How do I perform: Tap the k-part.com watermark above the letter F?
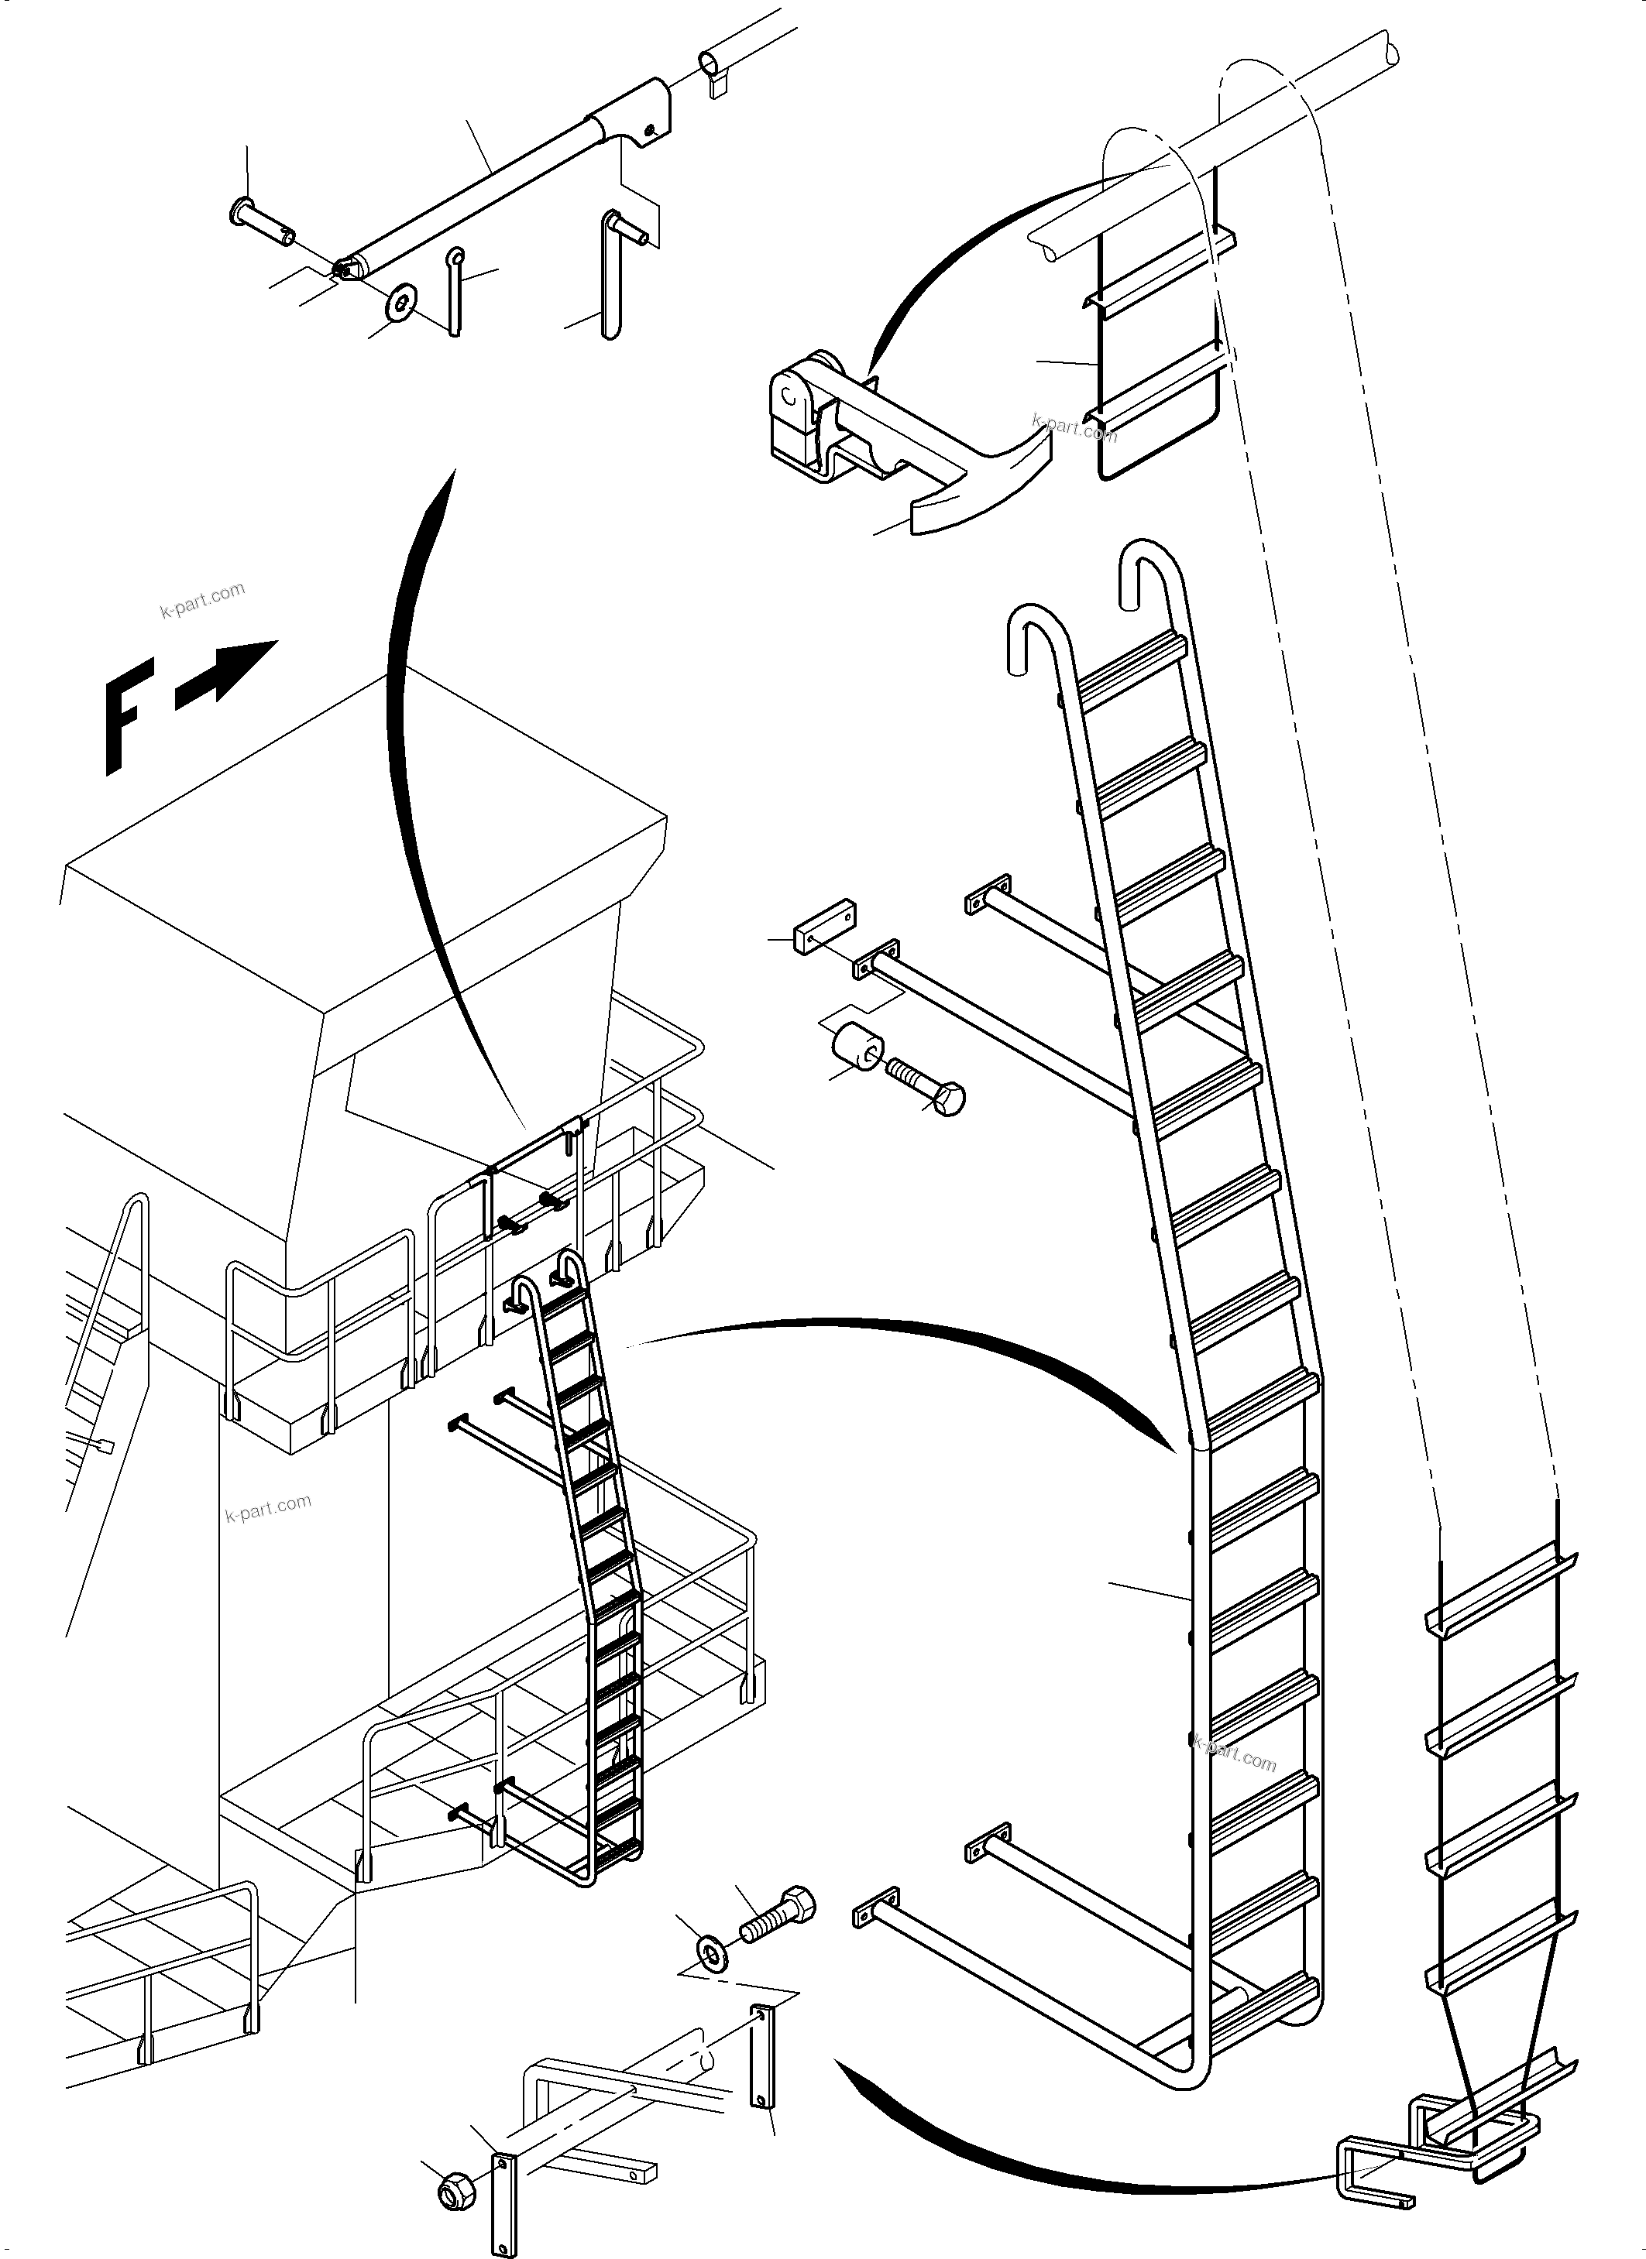[202, 600]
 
